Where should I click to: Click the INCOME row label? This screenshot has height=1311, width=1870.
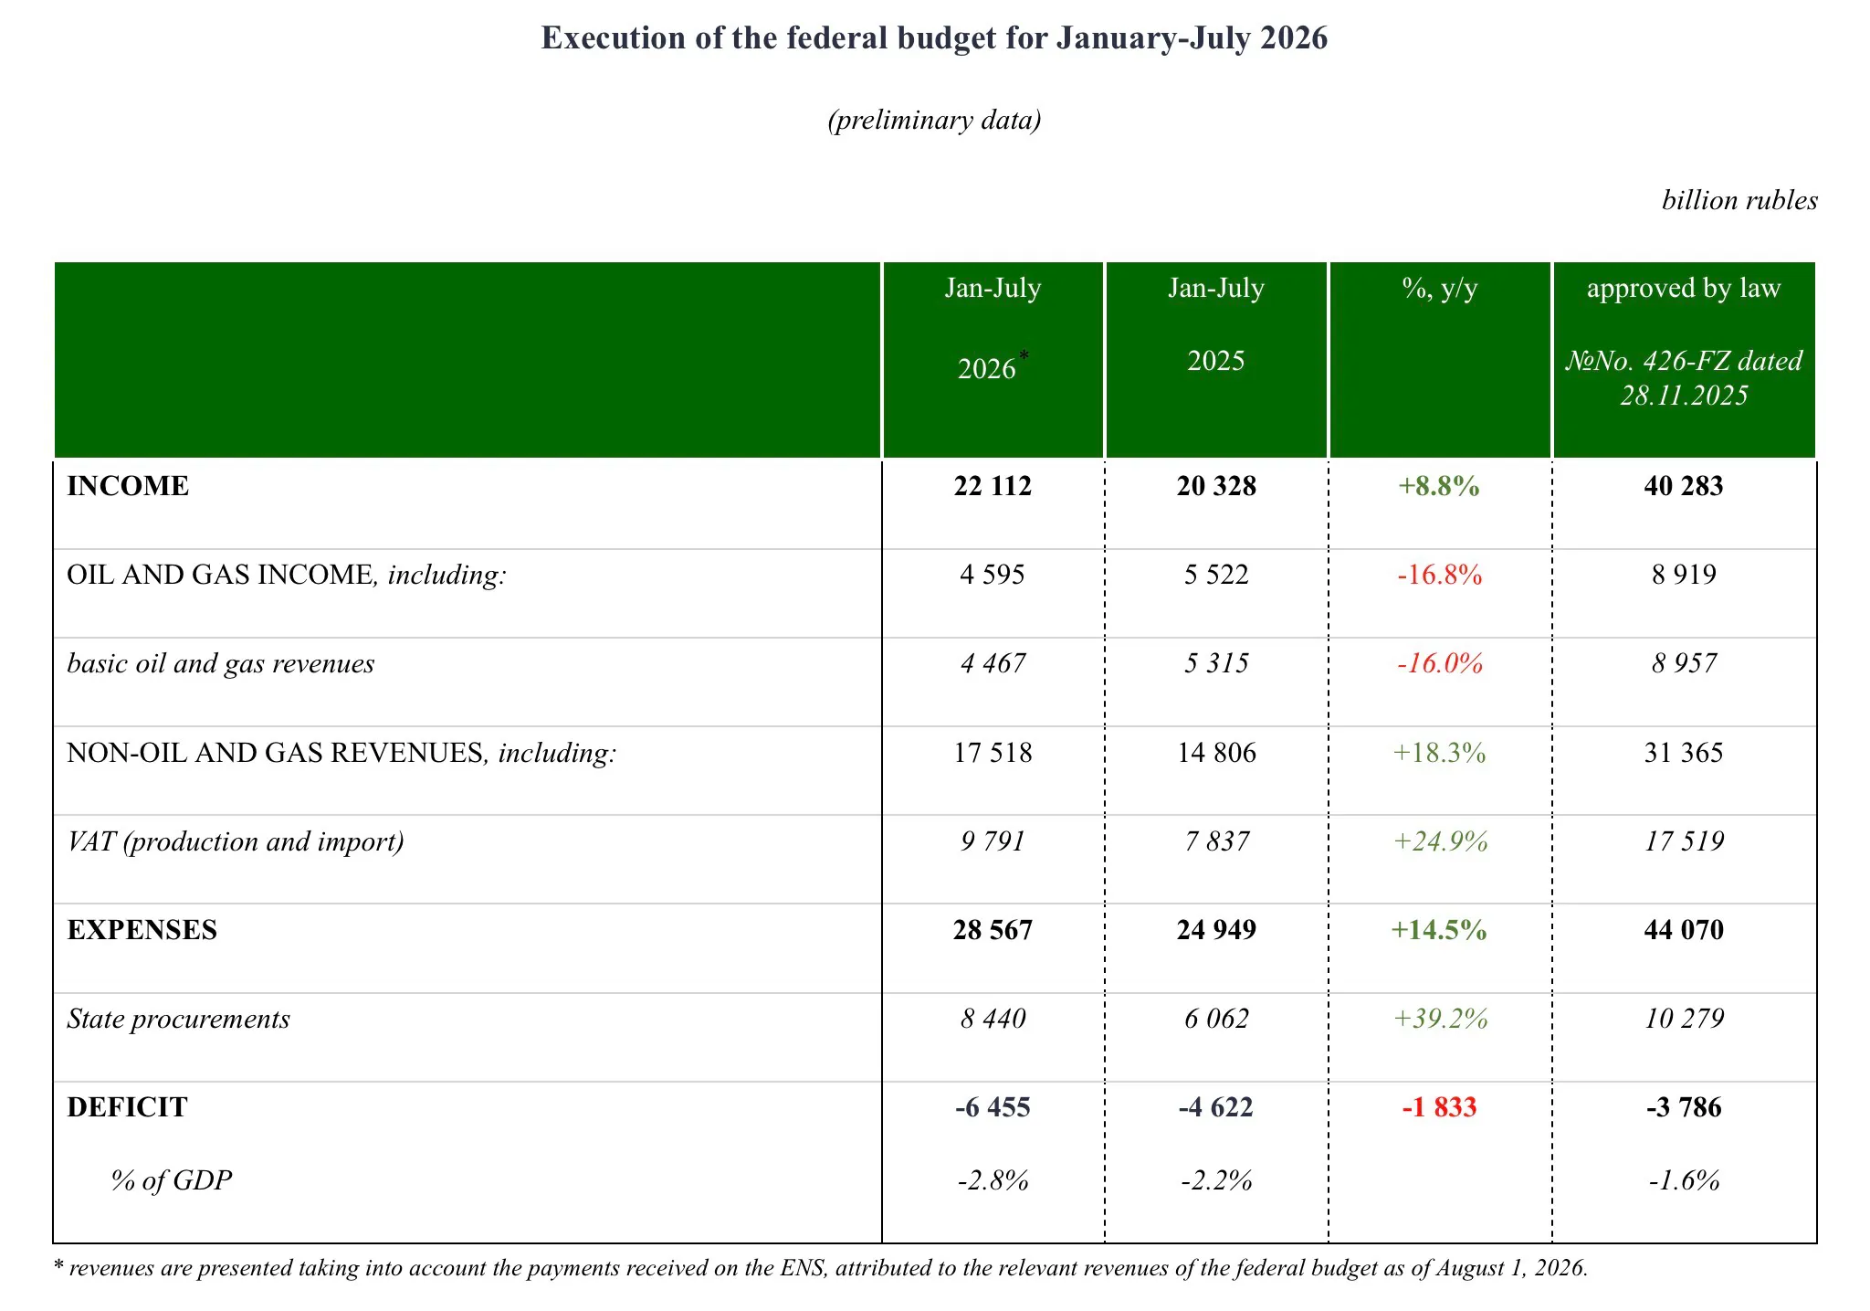pos(128,485)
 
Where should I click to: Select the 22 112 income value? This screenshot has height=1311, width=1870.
pos(993,485)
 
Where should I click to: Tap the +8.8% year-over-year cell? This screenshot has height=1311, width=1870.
pos(1439,485)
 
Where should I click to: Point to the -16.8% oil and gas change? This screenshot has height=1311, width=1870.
pos(1439,574)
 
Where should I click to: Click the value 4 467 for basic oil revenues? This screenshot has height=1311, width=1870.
pos(993,662)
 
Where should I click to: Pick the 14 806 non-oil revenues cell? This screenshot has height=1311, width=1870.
pos(1216,752)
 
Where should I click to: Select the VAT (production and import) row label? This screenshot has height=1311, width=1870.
pos(236,841)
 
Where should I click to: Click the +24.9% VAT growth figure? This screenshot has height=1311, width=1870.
pos(1440,841)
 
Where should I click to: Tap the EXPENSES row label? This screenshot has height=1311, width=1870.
pos(142,929)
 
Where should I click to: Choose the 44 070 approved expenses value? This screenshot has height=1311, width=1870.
pos(1684,929)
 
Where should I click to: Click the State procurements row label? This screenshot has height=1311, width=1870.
pos(178,1019)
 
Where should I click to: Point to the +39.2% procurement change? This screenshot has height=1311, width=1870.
pos(1440,1018)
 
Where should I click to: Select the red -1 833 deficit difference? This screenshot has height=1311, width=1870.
pos(1439,1106)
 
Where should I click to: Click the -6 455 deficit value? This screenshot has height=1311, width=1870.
pos(993,1106)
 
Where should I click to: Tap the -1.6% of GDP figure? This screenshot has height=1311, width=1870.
pos(1684,1180)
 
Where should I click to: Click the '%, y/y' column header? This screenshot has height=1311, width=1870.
pos(1439,289)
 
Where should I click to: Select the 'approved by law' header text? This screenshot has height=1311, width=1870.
pos(1684,289)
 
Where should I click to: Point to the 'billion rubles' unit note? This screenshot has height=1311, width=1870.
pos(1739,200)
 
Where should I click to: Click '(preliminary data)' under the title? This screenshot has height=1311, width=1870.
pos(934,120)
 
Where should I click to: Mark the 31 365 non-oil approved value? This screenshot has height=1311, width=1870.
pos(1684,752)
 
